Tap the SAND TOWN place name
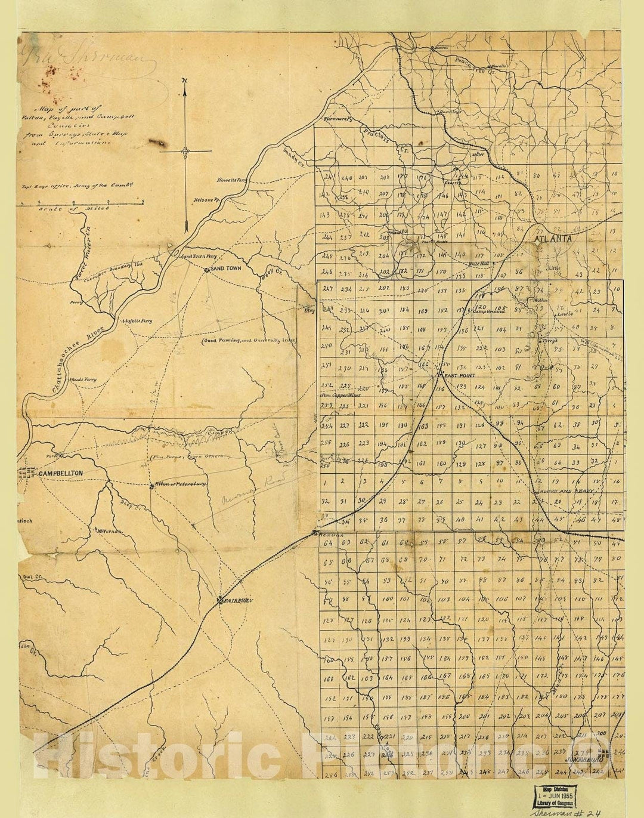pyautogui.click(x=226, y=269)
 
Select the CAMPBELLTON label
pyautogui.click(x=61, y=474)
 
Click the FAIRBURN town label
pyautogui.click(x=238, y=601)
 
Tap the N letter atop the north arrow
pyautogui.click(x=185, y=81)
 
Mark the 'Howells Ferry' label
pyautogui.click(x=232, y=179)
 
